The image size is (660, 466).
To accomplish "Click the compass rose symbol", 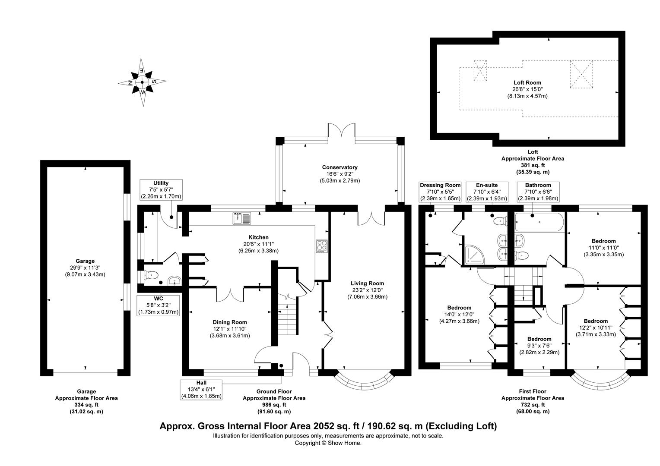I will pyautogui.click(x=142, y=82).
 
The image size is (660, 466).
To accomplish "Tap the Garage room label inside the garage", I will pyautogui.click(x=85, y=268).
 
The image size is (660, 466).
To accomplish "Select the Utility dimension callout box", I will pyautogui.click(x=161, y=190).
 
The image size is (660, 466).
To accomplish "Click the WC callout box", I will pyautogui.click(x=158, y=305).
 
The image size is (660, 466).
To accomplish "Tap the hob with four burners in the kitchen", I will pyautogui.click(x=322, y=246).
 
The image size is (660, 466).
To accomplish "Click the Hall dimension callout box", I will pyautogui.click(x=201, y=389).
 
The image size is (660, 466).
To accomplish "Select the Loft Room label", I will pyautogui.click(x=527, y=89).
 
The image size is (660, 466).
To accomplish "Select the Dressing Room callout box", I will pyautogui.click(x=440, y=192).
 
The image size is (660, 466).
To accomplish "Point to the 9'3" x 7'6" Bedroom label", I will pyautogui.click(x=539, y=346).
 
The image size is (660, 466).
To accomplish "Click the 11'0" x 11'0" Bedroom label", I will pyautogui.click(x=603, y=248).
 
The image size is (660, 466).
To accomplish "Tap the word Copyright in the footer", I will pyautogui.click(x=307, y=443).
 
